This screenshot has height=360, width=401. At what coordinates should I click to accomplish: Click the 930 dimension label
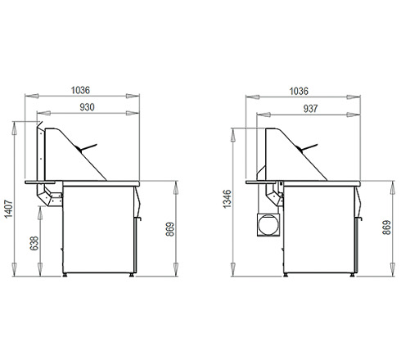pos(87,107)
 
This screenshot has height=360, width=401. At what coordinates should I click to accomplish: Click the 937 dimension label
pos(311,109)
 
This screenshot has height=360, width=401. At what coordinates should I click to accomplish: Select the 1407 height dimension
pos(9,209)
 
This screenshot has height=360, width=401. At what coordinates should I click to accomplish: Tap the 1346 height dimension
pos(227,199)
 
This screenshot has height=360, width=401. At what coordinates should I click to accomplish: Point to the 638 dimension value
pos(34,243)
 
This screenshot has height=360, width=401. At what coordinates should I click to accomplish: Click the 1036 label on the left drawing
pos(80,90)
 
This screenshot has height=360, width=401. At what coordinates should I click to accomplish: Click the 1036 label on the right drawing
pos(299,91)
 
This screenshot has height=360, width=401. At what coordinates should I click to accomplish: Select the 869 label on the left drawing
pos(170,229)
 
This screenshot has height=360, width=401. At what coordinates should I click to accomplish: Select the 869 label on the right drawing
pos(386,227)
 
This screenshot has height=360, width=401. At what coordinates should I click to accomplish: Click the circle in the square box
pos(268,225)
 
